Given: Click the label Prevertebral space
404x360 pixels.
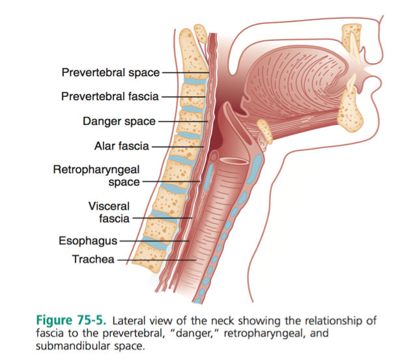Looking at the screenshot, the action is coord(111,72).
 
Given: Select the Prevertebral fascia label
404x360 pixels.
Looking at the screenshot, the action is coord(110,96).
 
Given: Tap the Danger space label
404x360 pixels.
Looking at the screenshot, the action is coord(119,121).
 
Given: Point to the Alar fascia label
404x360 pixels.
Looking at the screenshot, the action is coord(122,146).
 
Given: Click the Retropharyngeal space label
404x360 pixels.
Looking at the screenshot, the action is coord(96,176).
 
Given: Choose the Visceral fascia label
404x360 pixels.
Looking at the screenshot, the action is coord(109,212).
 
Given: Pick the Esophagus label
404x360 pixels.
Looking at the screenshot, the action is coord(88,241).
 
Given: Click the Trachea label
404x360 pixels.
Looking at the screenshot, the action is coord(93,259).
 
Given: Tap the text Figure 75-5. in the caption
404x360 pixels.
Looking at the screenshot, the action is coord(71,320).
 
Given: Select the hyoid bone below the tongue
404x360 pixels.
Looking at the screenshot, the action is coord(265,132).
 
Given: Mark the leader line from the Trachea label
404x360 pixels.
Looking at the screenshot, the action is coord(157,260).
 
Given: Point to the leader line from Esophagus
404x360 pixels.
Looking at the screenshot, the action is coord(154,241).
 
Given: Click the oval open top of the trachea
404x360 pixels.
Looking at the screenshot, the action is coord(234,161).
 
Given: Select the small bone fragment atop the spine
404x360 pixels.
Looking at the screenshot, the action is coord(201,33).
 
